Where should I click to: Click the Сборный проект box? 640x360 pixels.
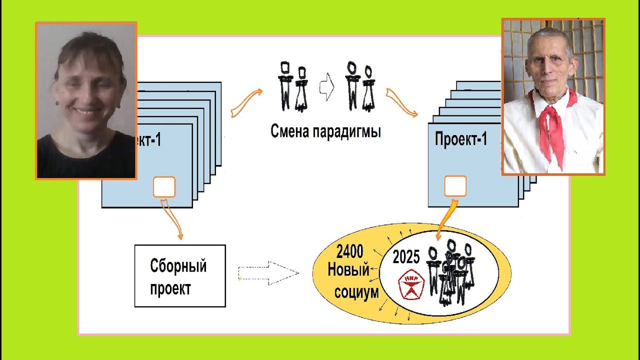click(x=180, y=275)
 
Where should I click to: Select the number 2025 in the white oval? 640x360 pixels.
click(x=406, y=257)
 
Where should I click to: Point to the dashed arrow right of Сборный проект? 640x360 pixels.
click(x=269, y=273)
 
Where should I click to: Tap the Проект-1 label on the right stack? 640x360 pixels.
click(x=460, y=139)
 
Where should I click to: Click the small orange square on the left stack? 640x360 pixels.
click(x=164, y=187)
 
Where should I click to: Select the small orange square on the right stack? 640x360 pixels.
click(x=455, y=186)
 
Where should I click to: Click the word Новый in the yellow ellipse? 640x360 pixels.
click(x=348, y=270)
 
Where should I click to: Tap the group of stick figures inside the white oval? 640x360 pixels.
click(x=450, y=272)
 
